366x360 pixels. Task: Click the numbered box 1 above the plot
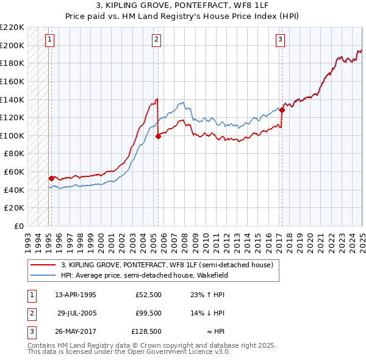pos(49,40)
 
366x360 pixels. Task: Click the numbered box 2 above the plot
pos(156,40)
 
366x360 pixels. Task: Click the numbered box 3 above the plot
pos(280,40)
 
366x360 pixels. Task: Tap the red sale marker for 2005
pos(158,136)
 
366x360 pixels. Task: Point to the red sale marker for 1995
pos(51,178)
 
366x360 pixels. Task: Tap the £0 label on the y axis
pos(19,226)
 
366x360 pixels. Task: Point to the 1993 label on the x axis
pos(28,237)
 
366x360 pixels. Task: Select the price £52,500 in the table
pos(149,295)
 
